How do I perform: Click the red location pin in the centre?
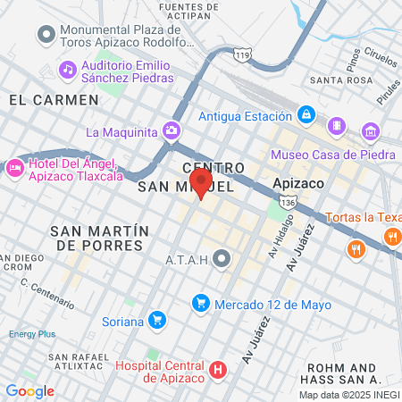pos(201,181)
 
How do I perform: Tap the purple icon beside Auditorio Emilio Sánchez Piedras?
pos(67,69)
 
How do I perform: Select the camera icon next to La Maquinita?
pos(172,132)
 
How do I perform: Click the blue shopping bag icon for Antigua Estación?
pos(306,115)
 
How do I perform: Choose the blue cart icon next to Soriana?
pos(157,319)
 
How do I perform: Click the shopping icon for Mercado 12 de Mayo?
pos(201,305)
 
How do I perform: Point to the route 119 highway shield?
pos(243,55)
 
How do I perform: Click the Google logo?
pos(29,390)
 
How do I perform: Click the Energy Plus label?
pos(32,334)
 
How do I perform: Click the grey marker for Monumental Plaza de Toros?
pos(45,35)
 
